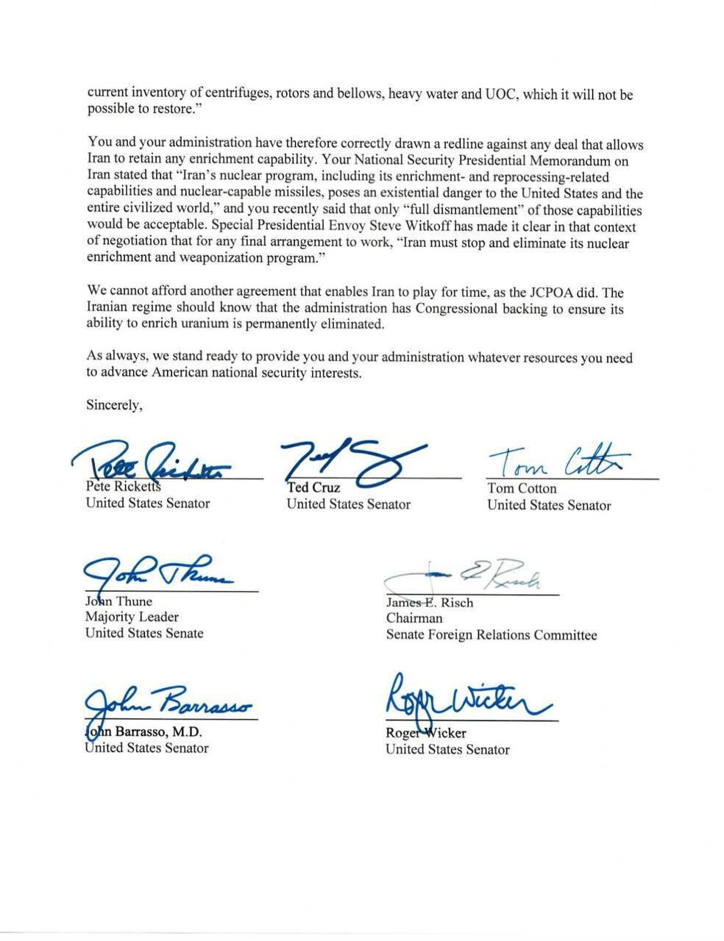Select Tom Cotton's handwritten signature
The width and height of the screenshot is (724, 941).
tap(557, 462)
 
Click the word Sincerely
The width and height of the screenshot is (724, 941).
tap(114, 404)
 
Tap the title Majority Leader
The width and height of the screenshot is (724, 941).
tap(132, 617)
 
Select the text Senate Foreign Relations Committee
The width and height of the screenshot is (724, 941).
tap(491, 634)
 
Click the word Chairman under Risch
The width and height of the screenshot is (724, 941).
tap(414, 618)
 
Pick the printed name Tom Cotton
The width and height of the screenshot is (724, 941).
tap(522, 488)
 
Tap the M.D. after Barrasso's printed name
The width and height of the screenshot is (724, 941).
tap(187, 732)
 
